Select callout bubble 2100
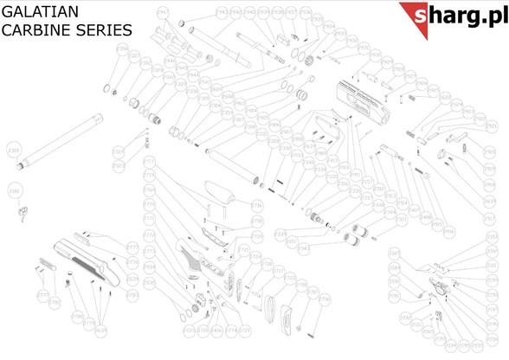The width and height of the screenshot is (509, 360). click(13, 191)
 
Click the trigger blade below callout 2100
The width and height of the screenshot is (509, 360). click(24, 209)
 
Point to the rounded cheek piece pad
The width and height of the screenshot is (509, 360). click(217, 191)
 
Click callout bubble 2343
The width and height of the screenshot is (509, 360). click(303, 250)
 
